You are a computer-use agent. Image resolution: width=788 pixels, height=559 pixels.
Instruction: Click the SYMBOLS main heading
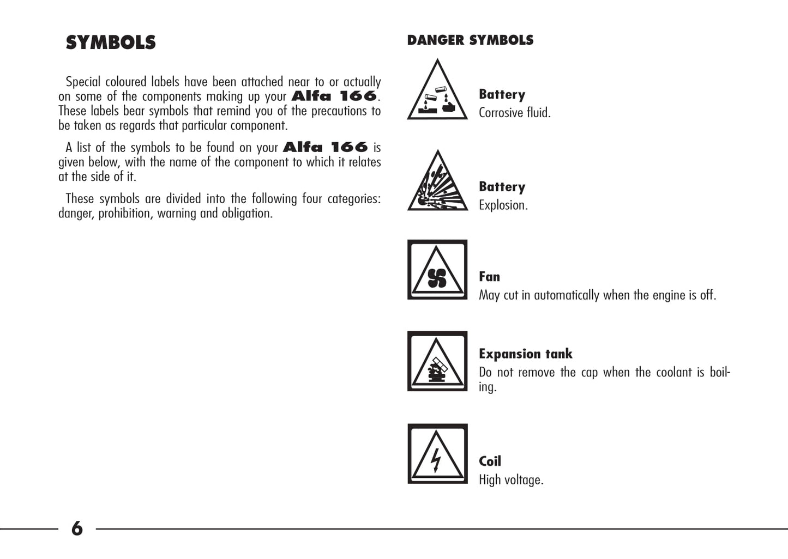point(111,42)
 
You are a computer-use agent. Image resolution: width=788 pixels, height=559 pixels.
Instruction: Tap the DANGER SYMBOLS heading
point(470,40)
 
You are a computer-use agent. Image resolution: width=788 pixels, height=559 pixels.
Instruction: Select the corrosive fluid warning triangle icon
point(437,89)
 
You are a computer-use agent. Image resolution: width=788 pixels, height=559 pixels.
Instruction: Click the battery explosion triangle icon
point(437,180)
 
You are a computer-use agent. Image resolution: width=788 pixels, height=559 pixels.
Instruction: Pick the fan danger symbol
point(437,270)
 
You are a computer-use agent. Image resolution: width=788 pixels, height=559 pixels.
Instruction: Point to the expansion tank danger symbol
point(437,361)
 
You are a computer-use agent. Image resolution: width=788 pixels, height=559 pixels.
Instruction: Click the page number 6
point(77,528)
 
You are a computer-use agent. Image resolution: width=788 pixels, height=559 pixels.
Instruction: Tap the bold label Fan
point(489,277)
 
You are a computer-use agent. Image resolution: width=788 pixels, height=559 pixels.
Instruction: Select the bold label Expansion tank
point(526,354)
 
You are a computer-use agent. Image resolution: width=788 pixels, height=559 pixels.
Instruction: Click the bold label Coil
point(490,461)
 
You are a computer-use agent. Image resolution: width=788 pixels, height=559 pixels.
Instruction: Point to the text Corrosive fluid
point(515,113)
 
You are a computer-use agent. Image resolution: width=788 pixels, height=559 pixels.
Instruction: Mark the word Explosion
point(503,205)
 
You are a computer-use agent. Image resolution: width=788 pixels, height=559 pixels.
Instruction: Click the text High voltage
point(511,480)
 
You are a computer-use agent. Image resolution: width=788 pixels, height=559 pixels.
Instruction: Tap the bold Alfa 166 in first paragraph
point(334,96)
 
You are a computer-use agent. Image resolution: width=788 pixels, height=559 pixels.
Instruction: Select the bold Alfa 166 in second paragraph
point(326,147)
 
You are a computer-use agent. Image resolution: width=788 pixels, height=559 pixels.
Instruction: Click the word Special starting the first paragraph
point(83,82)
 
